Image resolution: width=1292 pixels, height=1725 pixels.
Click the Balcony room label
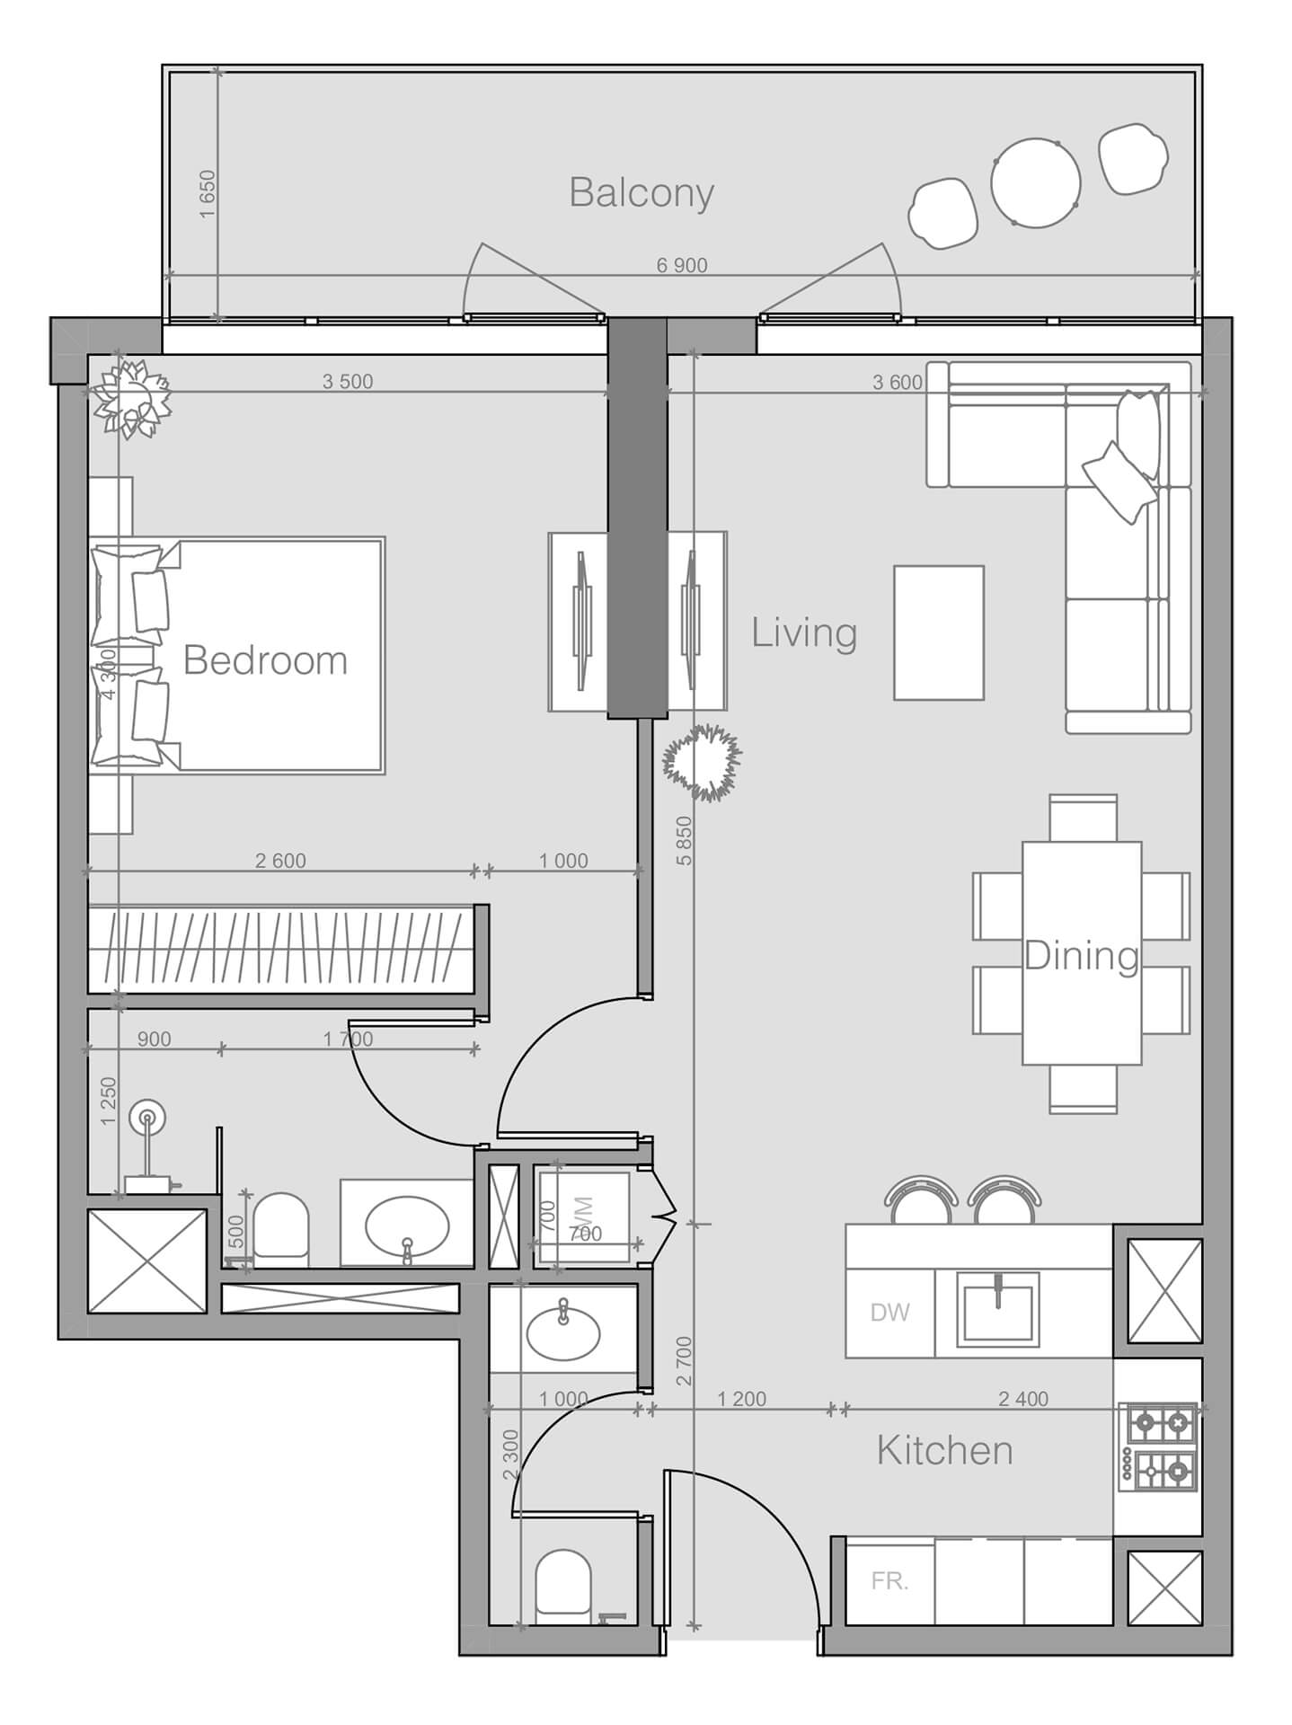[x=642, y=193]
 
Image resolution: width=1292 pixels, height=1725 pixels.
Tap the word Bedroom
[x=265, y=660]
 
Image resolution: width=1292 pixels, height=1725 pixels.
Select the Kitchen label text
[x=944, y=1450]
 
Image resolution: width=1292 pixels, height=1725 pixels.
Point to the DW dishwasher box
[x=889, y=1313]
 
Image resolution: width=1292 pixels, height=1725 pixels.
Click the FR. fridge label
[x=889, y=1581]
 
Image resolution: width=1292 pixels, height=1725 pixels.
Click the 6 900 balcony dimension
[x=682, y=265]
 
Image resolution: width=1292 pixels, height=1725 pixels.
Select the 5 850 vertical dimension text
[x=685, y=840]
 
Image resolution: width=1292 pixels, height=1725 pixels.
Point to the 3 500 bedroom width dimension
[x=348, y=382]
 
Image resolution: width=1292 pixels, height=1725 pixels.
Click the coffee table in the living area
[x=938, y=632]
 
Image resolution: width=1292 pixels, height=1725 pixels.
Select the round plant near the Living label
[x=702, y=762]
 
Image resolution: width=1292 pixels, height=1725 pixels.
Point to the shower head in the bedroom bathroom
[x=146, y=1119]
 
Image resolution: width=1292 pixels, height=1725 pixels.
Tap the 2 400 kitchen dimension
[x=1023, y=1399]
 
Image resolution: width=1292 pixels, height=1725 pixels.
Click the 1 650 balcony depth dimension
[x=208, y=193]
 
